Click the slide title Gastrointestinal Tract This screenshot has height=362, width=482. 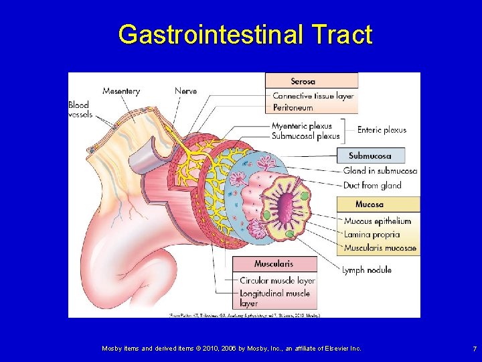(244, 34)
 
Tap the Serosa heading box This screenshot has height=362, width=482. (311, 81)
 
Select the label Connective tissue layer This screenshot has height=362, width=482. (313, 96)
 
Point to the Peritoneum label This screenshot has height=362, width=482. (293, 107)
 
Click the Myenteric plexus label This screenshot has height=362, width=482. (301, 126)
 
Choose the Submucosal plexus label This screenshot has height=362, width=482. (305, 136)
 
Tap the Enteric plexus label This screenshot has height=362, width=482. (382, 130)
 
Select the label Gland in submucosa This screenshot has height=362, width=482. (380, 171)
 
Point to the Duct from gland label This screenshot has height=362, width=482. (372, 185)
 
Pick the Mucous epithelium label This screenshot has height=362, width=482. (378, 221)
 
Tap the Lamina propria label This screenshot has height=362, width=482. (372, 235)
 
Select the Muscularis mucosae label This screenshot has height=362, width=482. (380, 248)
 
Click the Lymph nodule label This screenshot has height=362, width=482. (367, 270)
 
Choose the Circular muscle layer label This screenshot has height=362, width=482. (277, 280)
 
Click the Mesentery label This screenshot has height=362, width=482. (121, 91)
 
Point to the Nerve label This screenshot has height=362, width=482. (185, 91)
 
